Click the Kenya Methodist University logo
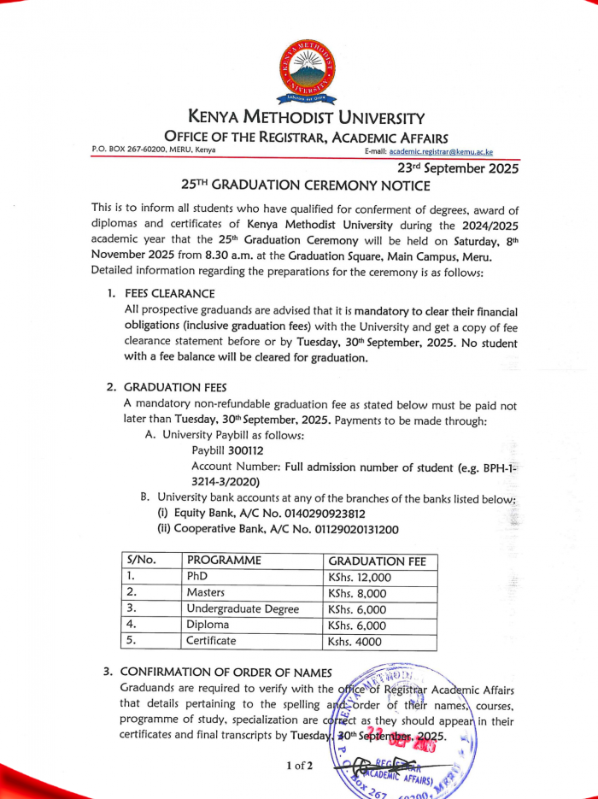pos(308,73)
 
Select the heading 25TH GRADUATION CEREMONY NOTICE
pos(306,185)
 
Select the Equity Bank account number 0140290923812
pos(317,514)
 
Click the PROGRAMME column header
pos(224,561)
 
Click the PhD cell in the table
pos(197,577)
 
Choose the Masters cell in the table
pos(206,593)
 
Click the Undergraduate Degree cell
pos(243,609)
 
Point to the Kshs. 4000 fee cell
pos(356,642)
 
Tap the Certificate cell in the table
pos(211,641)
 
